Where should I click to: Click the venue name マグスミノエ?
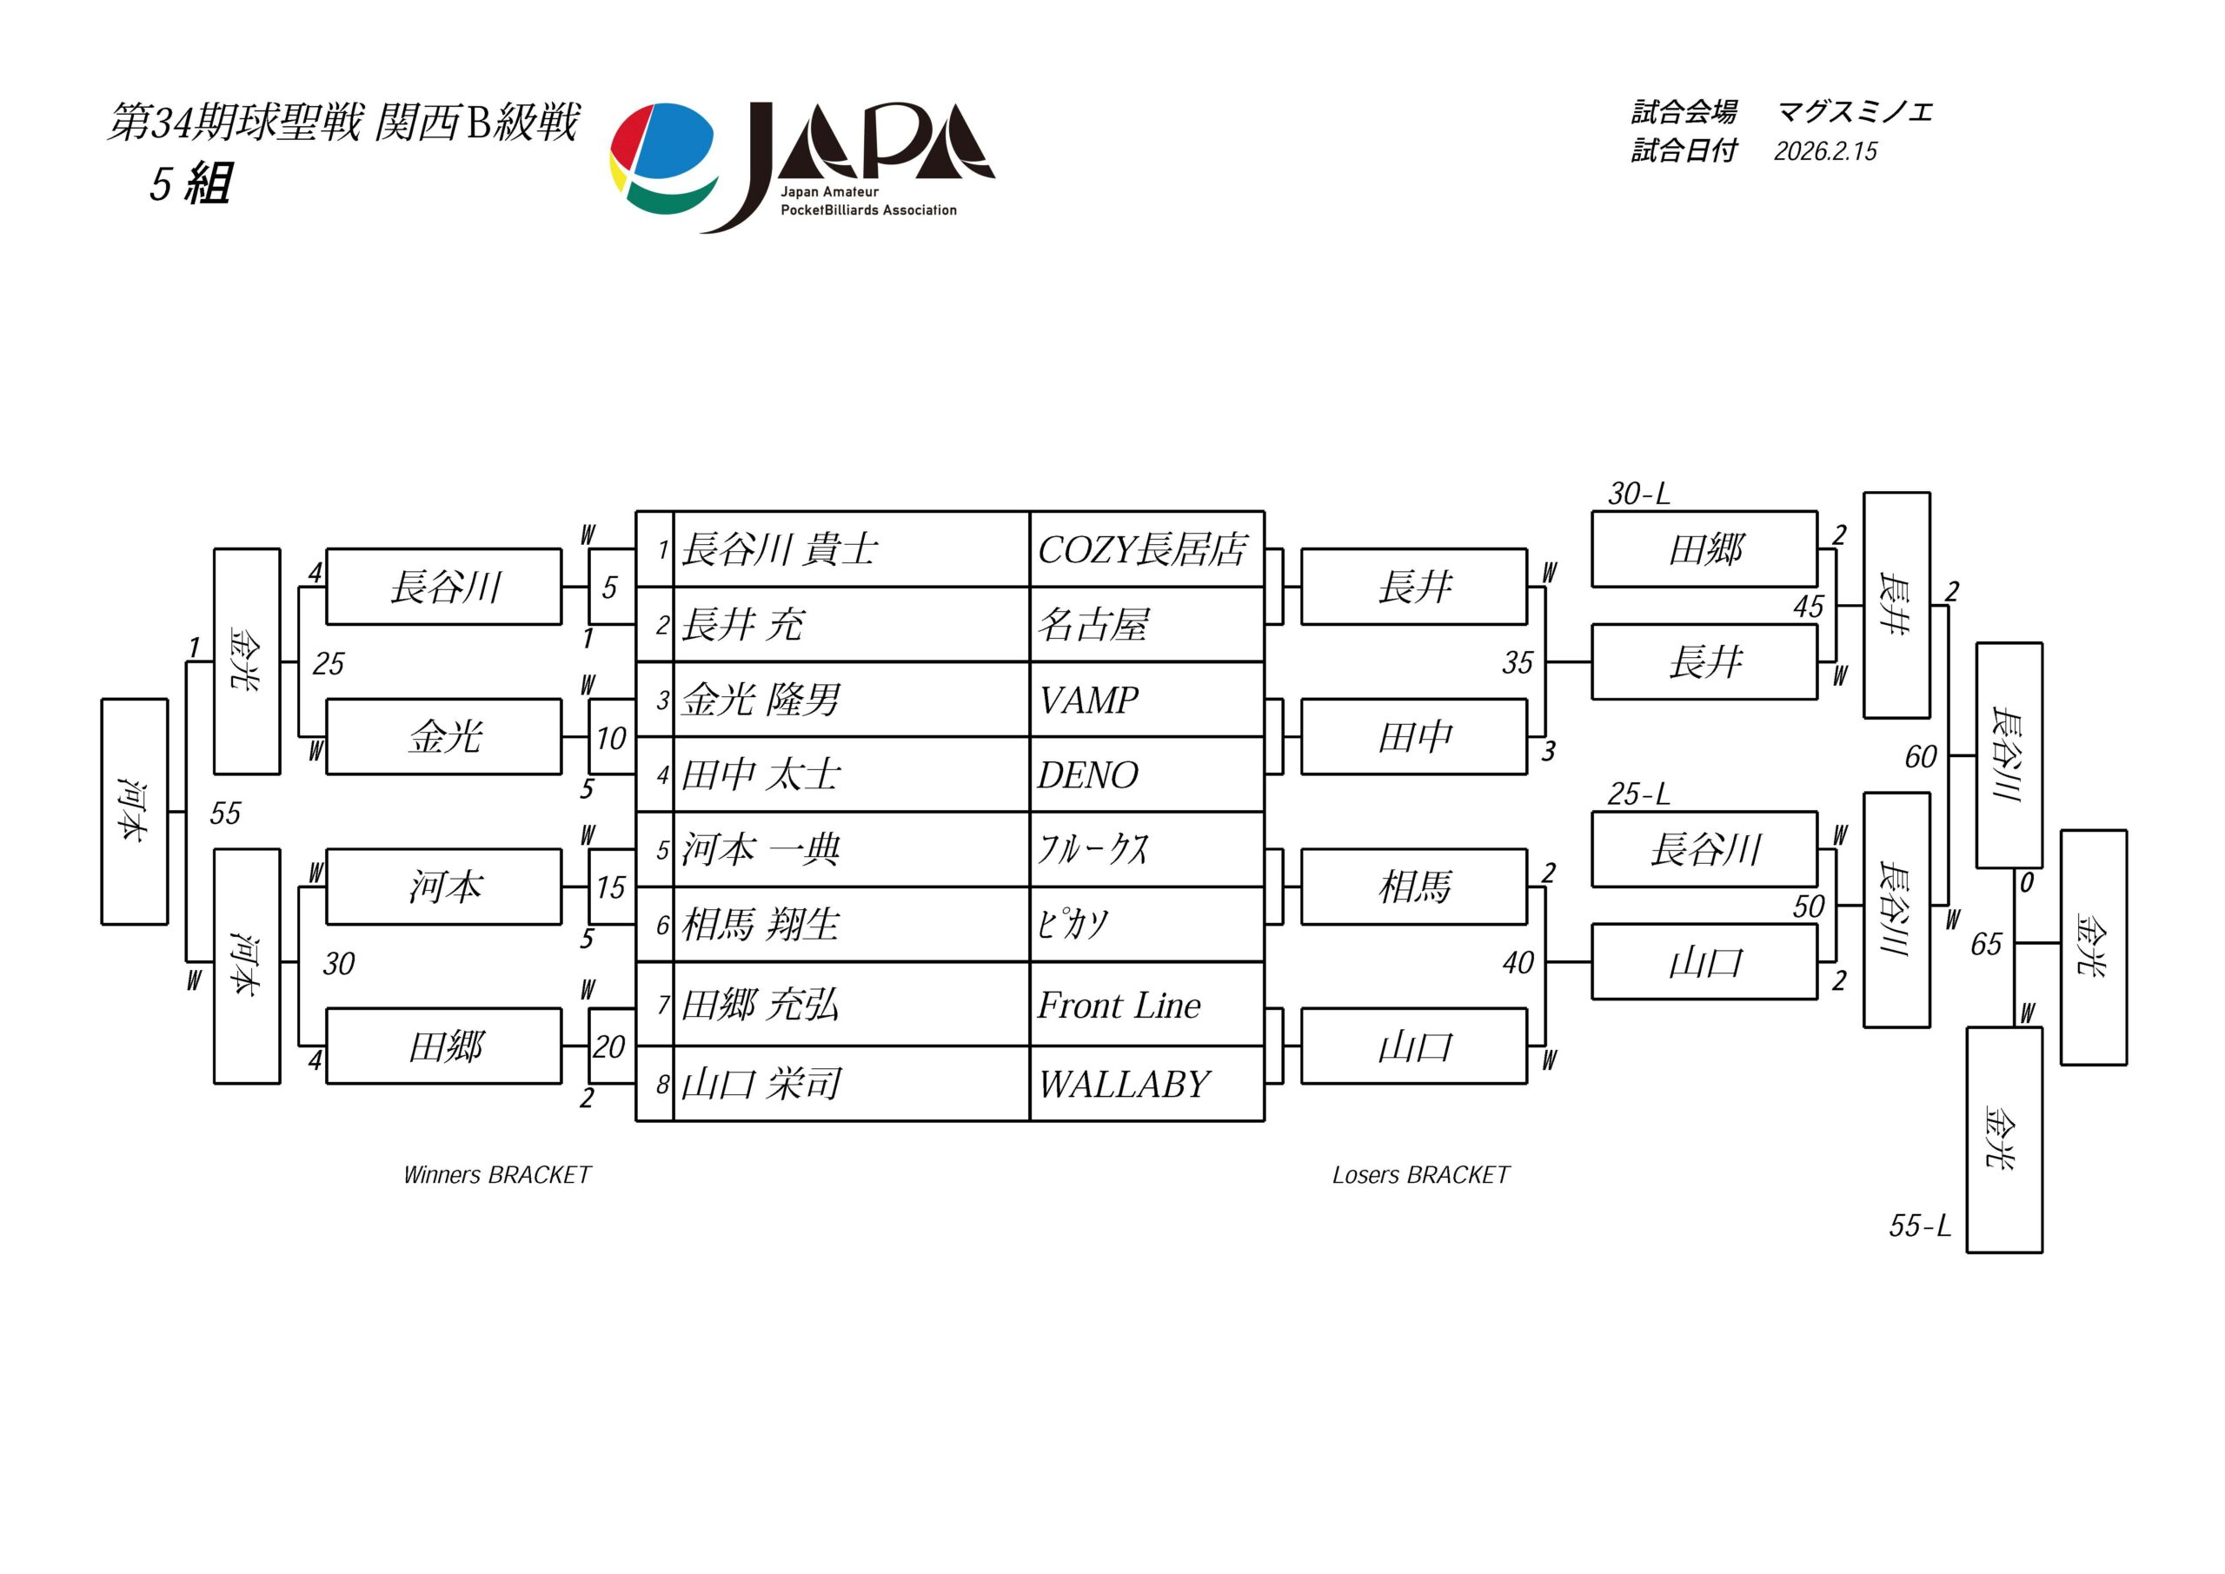point(1855,112)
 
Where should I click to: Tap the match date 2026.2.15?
point(1825,151)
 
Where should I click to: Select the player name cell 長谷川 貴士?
point(850,549)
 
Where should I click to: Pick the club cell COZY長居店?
point(1146,549)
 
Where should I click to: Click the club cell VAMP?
point(1146,700)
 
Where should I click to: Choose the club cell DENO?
point(1146,774)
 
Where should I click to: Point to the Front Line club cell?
point(1146,1005)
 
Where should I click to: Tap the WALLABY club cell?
point(1146,1084)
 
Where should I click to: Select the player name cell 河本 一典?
point(850,850)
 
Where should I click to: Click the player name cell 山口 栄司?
point(850,1084)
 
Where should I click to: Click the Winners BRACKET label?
point(496,1175)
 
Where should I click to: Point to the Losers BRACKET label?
point(1421,1175)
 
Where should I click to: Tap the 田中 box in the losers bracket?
point(1414,738)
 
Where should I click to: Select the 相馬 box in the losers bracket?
point(1414,887)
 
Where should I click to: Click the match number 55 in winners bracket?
point(225,814)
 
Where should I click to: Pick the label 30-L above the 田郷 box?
point(1638,494)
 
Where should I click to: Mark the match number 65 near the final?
point(1986,944)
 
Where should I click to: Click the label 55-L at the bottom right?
point(1919,1226)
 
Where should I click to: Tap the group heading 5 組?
point(190,183)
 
